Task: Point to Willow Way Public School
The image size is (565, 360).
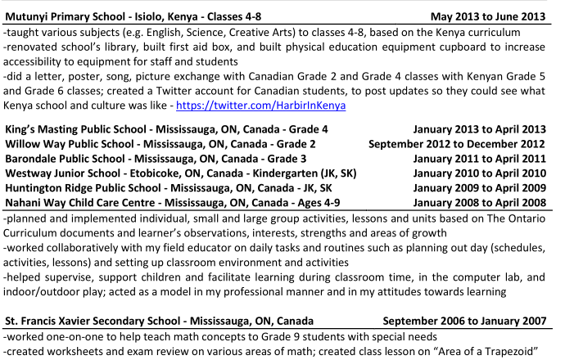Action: (x=77, y=144)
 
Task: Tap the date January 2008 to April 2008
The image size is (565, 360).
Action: (x=480, y=203)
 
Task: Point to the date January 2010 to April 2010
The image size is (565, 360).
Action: (x=480, y=173)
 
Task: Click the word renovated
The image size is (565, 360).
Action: (x=34, y=47)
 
